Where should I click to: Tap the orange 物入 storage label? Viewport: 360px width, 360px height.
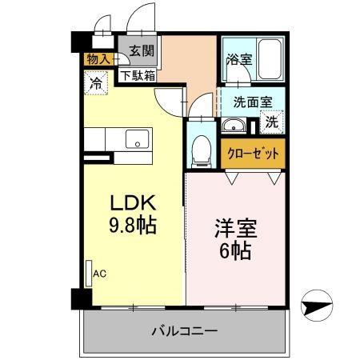tap(99, 58)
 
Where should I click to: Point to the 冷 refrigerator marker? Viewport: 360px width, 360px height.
tap(97, 82)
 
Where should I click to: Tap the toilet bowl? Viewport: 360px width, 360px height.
tap(202, 148)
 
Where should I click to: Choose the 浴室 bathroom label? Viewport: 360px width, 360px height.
tap(238, 59)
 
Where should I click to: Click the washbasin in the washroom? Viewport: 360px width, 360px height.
tap(235, 124)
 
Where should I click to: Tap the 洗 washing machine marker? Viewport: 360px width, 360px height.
tap(272, 123)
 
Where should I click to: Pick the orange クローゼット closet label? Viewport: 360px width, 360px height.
tap(254, 153)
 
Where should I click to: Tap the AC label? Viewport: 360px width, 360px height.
tap(100, 274)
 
